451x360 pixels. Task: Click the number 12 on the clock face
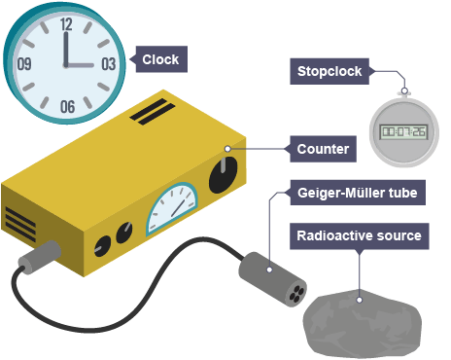click(66, 24)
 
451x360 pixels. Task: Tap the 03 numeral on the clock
click(109, 64)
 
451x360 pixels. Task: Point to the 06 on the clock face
click(67, 107)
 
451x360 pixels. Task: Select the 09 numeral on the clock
click(24, 64)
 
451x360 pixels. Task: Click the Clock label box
click(161, 59)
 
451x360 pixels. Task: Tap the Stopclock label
click(330, 71)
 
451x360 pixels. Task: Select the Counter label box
click(323, 149)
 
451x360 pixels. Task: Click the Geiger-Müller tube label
click(358, 193)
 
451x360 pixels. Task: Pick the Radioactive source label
click(360, 235)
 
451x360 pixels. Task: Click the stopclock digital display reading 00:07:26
click(404, 131)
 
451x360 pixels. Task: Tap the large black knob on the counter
click(223, 175)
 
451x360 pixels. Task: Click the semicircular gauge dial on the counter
click(172, 208)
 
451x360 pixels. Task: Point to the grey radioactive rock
click(363, 324)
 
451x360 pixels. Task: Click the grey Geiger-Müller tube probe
click(272, 279)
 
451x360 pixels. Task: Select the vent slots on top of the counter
click(153, 112)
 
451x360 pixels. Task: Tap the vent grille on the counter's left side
click(20, 225)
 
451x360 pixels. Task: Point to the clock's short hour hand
click(80, 65)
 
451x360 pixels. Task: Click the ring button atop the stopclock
click(404, 90)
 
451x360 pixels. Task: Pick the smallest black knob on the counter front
click(102, 246)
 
